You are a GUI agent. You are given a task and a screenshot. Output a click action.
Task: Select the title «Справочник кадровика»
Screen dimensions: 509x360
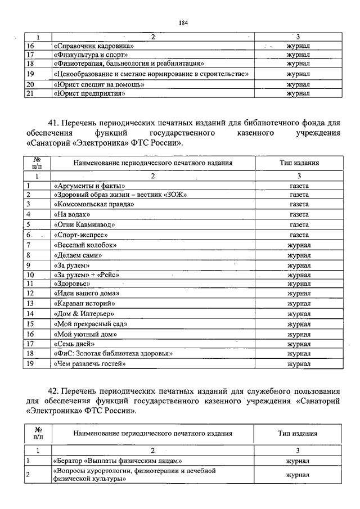tap(93, 46)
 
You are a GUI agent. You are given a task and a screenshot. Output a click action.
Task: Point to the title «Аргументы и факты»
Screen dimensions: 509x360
tap(89, 186)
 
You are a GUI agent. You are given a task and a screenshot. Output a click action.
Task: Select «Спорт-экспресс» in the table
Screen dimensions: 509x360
tap(81, 235)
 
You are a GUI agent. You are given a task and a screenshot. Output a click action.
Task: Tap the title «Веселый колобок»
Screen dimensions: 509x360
tap(85, 245)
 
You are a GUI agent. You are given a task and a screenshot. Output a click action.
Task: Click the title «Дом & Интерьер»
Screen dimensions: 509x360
tap(84, 313)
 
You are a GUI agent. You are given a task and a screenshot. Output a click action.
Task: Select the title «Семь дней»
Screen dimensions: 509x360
tap(74, 343)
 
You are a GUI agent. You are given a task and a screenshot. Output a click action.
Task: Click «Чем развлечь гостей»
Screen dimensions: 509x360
tap(89, 364)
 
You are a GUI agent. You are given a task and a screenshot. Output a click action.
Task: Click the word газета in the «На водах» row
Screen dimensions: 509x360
tap(299, 215)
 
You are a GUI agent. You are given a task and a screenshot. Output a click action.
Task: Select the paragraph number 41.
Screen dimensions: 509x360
tap(55, 123)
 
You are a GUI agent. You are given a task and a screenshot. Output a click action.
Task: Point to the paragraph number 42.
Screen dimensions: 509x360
tap(55, 390)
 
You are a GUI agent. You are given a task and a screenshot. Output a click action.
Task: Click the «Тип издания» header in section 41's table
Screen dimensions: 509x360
tap(299, 163)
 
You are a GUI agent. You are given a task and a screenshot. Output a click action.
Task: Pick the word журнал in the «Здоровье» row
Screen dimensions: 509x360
tap(299, 284)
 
